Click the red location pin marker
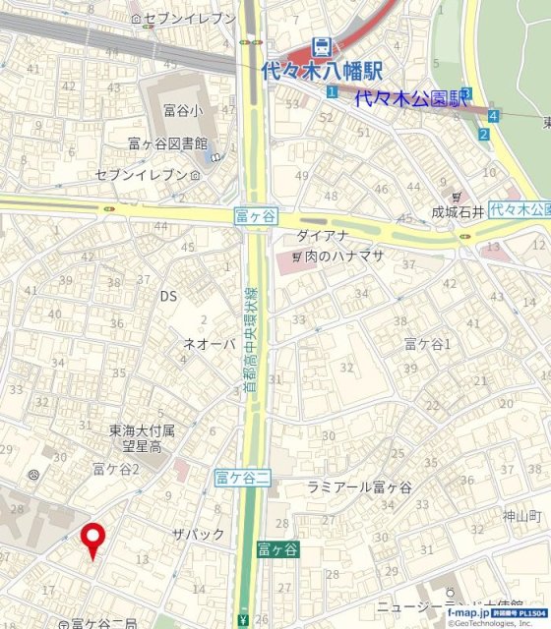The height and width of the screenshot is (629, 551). click(x=93, y=539)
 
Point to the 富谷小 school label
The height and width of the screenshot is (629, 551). click(x=177, y=111)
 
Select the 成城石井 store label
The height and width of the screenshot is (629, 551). click(x=459, y=211)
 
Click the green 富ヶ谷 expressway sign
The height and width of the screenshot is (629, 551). click(x=277, y=550)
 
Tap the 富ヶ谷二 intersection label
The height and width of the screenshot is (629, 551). click(x=242, y=479)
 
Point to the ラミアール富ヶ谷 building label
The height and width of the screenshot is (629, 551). click(x=359, y=487)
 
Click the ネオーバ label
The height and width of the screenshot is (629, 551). click(x=210, y=344)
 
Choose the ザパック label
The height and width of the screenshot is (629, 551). click(x=199, y=534)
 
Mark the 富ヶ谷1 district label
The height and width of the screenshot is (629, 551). click(x=427, y=343)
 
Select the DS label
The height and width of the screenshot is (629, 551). click(x=168, y=295)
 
